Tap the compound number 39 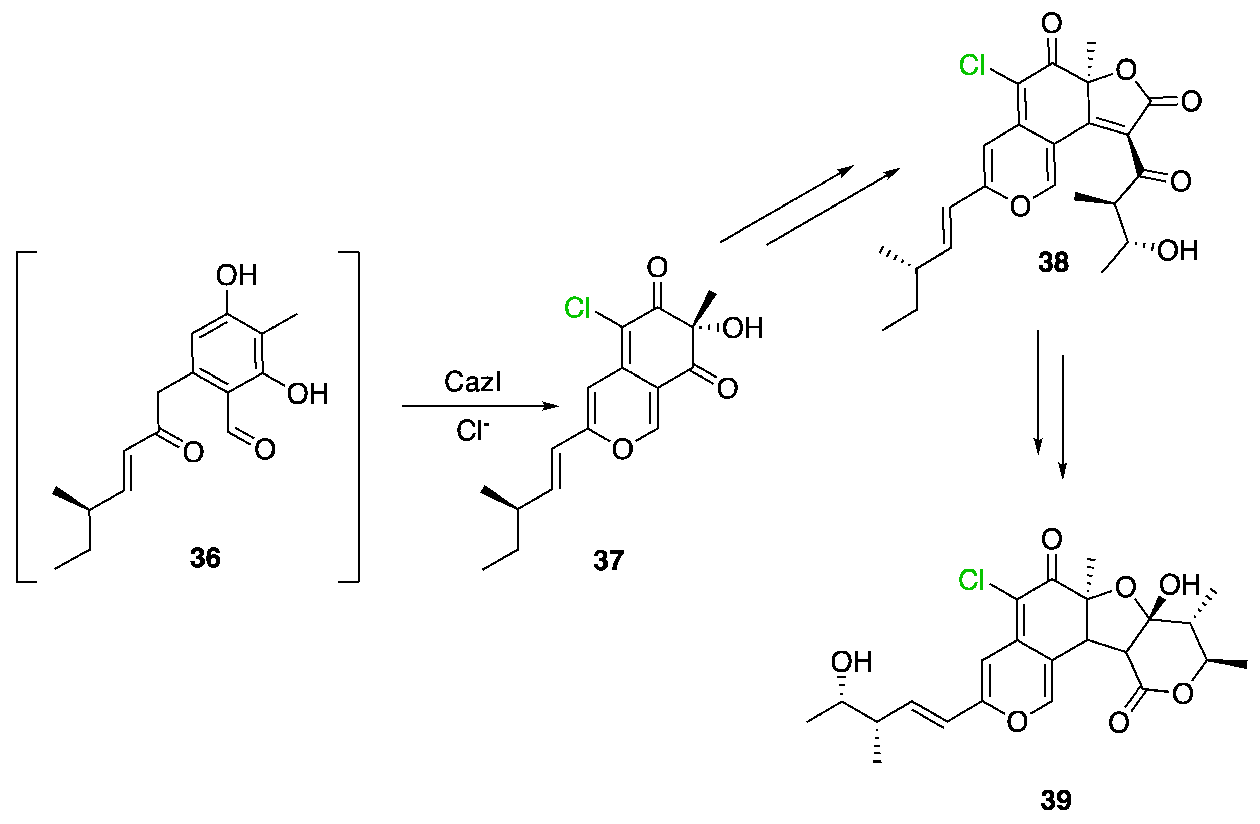pos(1056,801)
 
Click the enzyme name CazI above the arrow pos(472,382)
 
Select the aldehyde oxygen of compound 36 pos(265,449)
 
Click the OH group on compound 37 pos(743,329)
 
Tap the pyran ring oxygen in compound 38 pos(1020,206)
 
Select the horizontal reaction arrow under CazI pos(480,407)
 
